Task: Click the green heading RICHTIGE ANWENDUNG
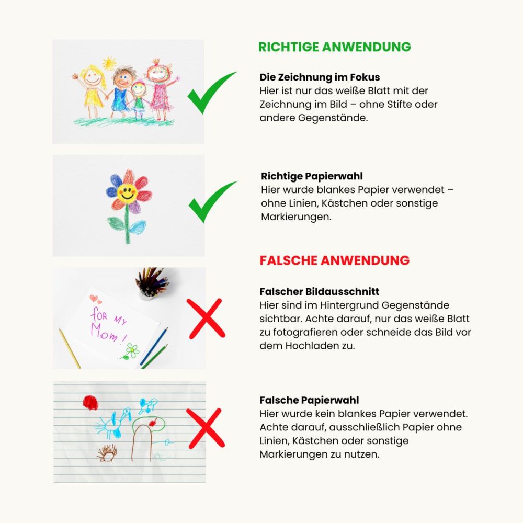click(335, 47)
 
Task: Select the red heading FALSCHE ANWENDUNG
click(335, 260)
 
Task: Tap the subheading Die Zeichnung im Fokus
click(320, 77)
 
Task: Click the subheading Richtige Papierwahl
click(312, 176)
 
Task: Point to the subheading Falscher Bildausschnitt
click(319, 291)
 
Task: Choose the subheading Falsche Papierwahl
click(309, 400)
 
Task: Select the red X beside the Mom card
click(206, 319)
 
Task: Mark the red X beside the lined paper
click(206, 428)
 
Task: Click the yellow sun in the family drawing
click(109, 63)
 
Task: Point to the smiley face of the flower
click(127, 193)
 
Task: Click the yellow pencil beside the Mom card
click(70, 348)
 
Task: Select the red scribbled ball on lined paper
click(90, 403)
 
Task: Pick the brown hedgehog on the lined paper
click(107, 453)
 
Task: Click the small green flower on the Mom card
click(131, 351)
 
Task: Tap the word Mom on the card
click(105, 332)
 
